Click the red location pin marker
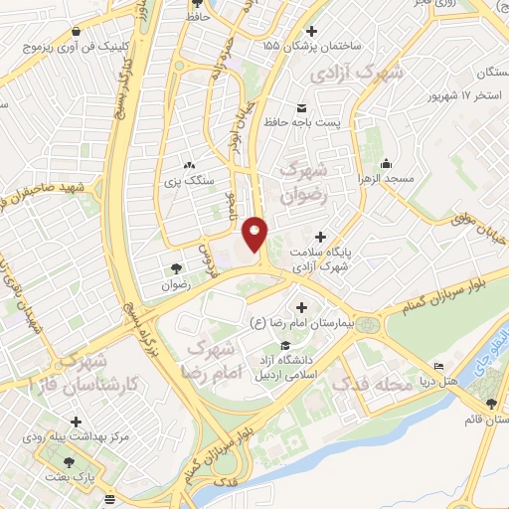pos(255,234)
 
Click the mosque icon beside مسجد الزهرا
pos(388,164)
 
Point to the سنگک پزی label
pos(188,182)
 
